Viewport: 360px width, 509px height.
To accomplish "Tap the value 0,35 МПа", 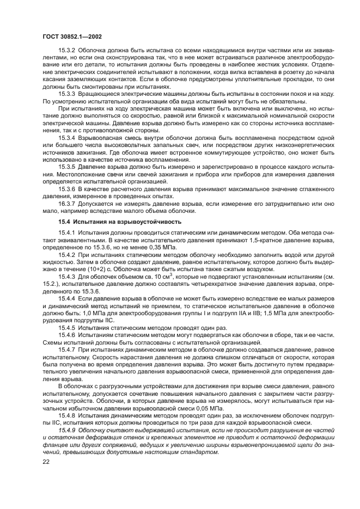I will click(x=165, y=248).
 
